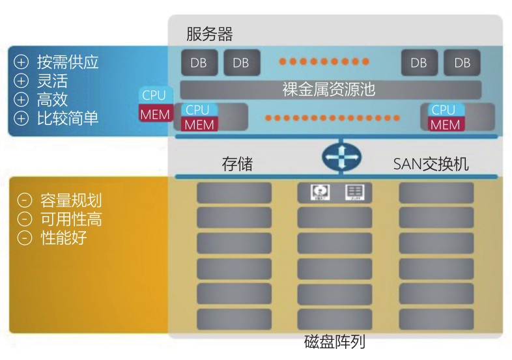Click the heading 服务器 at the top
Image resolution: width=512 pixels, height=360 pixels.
209,34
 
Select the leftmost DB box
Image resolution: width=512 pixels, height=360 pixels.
199,62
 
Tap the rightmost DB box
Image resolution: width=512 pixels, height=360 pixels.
462,62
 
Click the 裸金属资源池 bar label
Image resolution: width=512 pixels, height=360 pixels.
329,89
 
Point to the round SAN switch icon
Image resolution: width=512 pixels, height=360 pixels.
341,157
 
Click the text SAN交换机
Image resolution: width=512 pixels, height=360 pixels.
431,164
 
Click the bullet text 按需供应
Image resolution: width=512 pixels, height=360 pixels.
68,62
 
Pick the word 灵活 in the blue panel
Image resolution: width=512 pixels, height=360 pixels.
52,81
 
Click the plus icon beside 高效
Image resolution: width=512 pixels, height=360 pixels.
22,100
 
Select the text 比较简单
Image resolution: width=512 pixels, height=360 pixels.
68,118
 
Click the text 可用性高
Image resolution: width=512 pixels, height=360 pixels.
71,219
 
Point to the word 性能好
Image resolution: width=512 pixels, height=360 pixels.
63,238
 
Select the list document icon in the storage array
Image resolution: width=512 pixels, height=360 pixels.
354,191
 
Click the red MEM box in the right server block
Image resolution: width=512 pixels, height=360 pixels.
446,124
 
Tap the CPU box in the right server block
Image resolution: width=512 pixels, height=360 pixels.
444,110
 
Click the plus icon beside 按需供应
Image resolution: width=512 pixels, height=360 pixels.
22,62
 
